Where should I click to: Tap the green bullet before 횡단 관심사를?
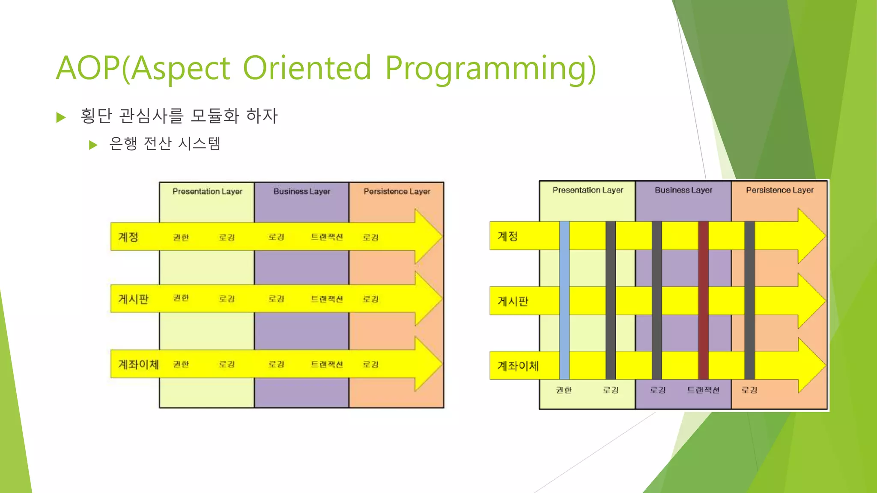click(61, 117)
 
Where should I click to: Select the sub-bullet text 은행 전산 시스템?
click(165, 143)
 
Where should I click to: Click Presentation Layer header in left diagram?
click(207, 191)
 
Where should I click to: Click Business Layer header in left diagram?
click(302, 191)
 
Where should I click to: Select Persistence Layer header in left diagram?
click(397, 191)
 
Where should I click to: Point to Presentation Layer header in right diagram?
click(588, 190)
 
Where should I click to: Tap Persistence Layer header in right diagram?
click(780, 190)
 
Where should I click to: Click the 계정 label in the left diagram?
click(128, 237)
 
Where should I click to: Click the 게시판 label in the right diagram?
click(513, 301)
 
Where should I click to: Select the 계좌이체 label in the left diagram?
click(138, 364)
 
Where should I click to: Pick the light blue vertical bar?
click(564, 300)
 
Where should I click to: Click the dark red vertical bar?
click(703, 300)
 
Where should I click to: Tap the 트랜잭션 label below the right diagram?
click(703, 390)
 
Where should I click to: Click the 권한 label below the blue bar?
click(564, 390)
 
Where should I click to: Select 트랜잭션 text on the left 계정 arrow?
click(327, 237)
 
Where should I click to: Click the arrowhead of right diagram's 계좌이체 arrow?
click(811, 365)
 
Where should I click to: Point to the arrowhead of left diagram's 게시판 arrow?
click(428, 298)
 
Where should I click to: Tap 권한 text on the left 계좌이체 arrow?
click(181, 364)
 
